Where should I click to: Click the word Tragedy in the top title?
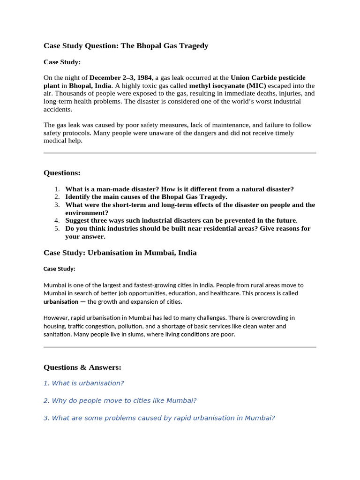191,46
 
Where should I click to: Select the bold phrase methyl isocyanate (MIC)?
227,86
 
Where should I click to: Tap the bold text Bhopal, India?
90,86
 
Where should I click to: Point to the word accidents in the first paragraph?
58,109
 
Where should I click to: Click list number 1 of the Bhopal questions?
57,189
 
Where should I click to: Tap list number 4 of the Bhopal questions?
57,221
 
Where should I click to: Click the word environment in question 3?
85,213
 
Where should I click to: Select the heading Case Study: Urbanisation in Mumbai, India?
120,253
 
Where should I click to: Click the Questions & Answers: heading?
82,367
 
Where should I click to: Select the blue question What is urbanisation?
83,383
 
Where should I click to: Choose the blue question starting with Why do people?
120,401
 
